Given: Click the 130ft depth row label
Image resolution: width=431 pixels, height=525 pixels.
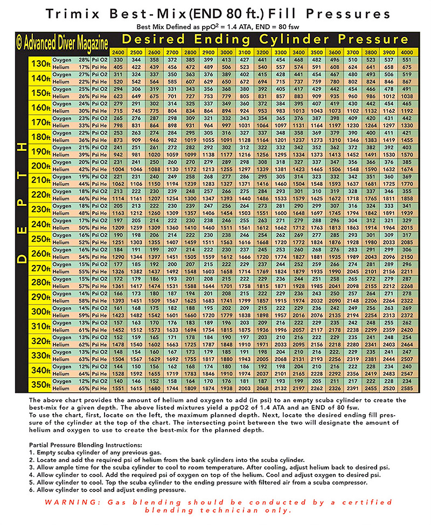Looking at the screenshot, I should [40, 63].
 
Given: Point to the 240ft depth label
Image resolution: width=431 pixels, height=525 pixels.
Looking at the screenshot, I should [40, 223].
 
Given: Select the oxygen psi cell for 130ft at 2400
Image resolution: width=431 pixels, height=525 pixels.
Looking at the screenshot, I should [118, 59].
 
